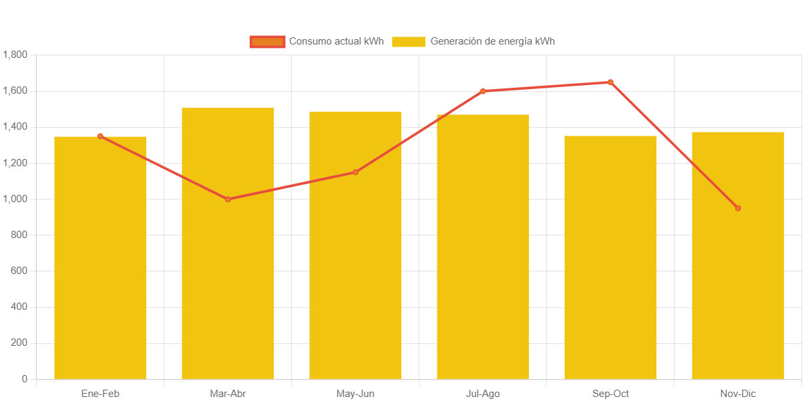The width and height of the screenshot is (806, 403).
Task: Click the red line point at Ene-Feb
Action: click(100, 136)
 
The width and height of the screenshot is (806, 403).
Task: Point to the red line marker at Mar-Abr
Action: click(228, 199)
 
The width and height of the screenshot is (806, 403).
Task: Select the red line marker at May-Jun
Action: click(355, 172)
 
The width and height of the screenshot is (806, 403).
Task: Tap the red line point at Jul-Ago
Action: click(483, 91)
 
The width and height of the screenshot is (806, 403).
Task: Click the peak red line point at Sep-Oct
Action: click(610, 82)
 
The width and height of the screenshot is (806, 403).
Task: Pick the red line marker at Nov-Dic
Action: click(738, 208)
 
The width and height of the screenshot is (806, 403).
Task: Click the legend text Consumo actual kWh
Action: click(336, 41)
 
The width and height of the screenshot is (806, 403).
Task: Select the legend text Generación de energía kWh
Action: click(492, 41)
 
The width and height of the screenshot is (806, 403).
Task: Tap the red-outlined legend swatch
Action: click(267, 41)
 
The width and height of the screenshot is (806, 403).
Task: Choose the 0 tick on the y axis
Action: click(25, 379)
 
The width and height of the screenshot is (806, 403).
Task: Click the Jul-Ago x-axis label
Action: click(483, 394)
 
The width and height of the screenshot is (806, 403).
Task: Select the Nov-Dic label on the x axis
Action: click(738, 394)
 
